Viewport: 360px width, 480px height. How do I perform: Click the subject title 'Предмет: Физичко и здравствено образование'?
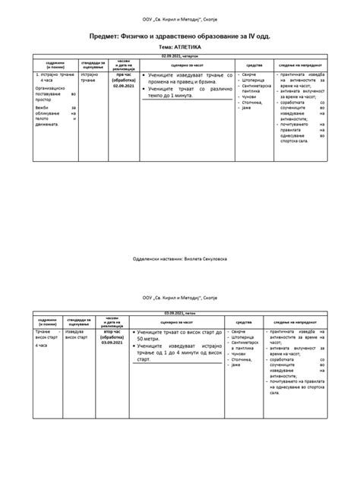click(180, 36)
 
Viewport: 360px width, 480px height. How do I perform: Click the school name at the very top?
click(180, 17)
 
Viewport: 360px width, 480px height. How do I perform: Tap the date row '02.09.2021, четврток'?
click(180, 56)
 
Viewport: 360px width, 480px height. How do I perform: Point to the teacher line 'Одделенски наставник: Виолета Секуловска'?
click(180, 258)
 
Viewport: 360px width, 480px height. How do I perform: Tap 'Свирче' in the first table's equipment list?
click(250, 76)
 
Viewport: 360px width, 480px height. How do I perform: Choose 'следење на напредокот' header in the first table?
click(305, 65)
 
